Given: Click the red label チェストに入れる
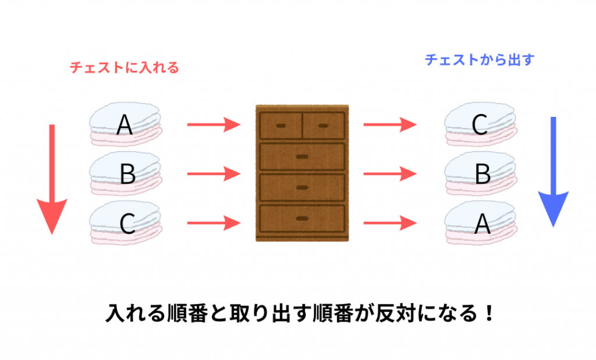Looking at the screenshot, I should coord(124,68).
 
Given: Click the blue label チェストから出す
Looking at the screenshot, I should coord(479,59).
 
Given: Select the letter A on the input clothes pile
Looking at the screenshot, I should coord(124,124).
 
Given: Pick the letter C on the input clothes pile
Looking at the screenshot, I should coord(127,223).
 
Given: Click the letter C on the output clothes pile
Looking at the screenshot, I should coord(480,124).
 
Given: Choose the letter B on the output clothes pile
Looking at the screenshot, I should coord(482,173).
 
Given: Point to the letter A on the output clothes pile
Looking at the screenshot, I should coord(482,223).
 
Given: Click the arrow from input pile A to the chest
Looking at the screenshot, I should coord(214,124).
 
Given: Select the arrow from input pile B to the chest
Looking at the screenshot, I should coord(214,173).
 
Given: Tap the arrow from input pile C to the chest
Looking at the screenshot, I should coord(214,222).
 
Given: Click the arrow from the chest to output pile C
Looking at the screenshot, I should coord(389,124).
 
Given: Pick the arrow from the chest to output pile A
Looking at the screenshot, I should coord(389,222).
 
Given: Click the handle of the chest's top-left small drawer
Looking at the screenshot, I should coord(281,126).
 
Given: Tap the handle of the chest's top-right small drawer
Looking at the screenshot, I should coord(324,126).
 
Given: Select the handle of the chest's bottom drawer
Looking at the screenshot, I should coord(302,218).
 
